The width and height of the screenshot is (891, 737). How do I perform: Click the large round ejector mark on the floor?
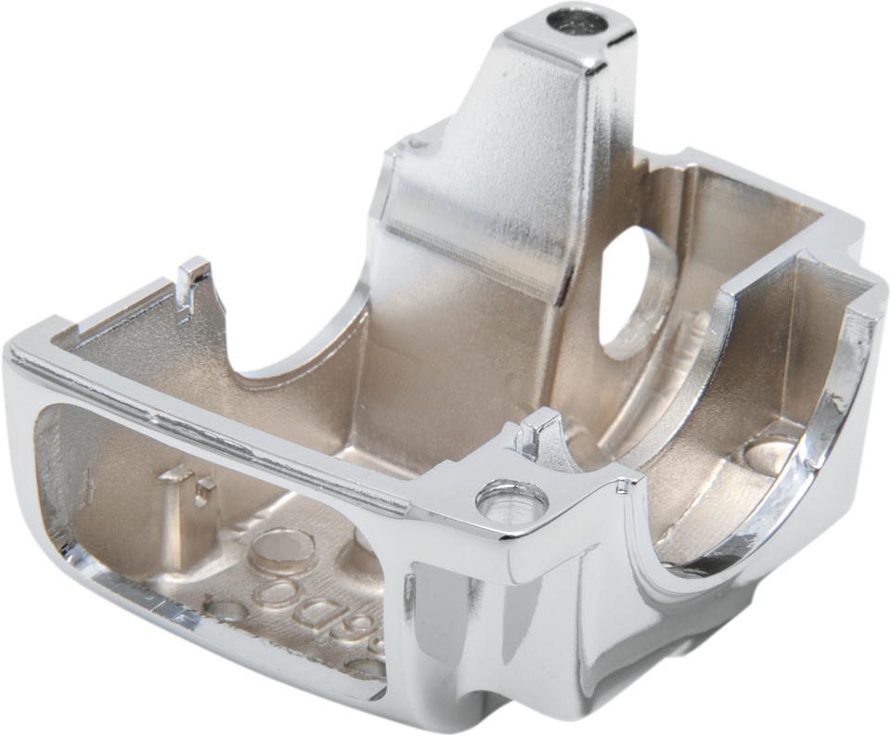click(x=282, y=548)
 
